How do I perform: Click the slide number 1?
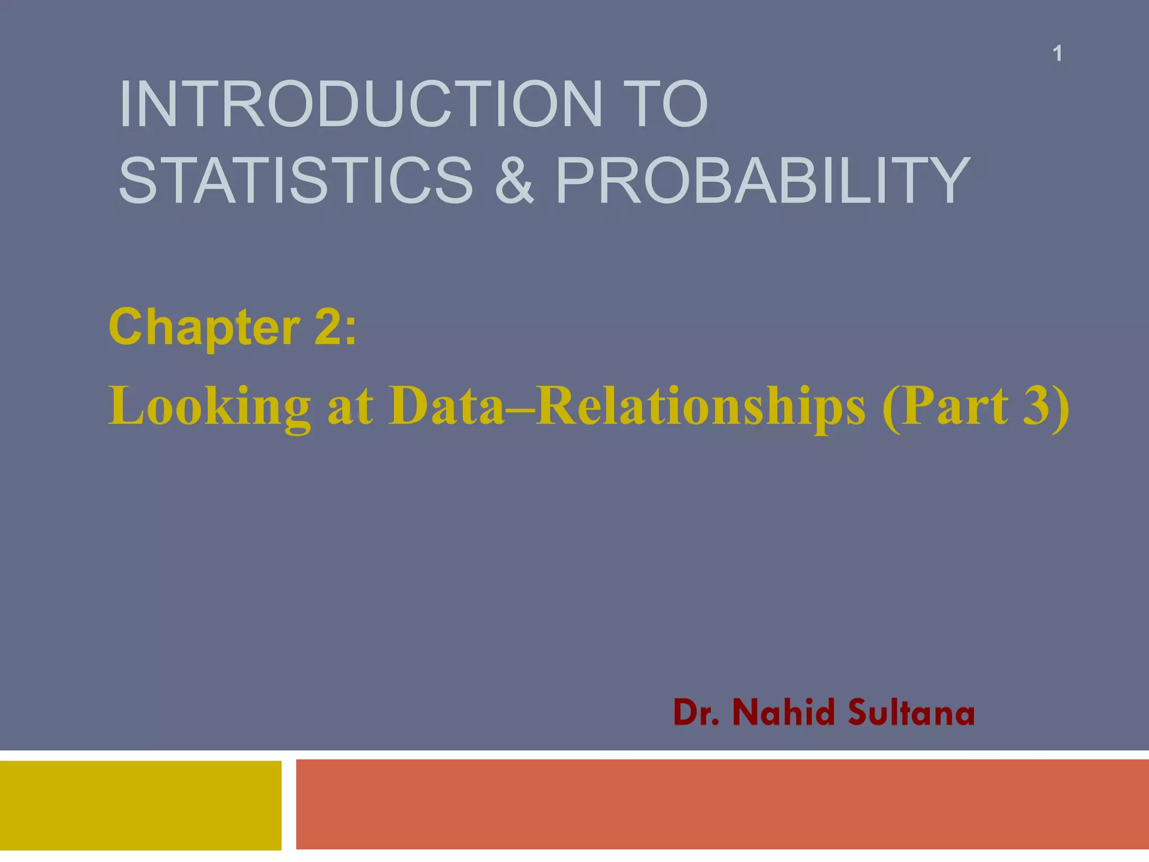tap(1057, 54)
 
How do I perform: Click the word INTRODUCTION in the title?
tap(359, 104)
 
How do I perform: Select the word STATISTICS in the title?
tap(296, 180)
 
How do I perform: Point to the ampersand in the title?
tap(514, 180)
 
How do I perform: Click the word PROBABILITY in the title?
tap(762, 180)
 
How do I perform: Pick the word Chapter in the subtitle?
tap(204, 328)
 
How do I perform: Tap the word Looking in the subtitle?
tap(210, 407)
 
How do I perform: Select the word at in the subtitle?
tap(350, 407)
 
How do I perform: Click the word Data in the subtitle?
tap(447, 407)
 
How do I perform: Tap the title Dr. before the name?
tap(696, 713)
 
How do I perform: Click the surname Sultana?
tap(911, 713)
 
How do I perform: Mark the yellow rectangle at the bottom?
tap(140, 805)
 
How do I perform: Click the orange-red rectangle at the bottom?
tap(721, 804)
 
